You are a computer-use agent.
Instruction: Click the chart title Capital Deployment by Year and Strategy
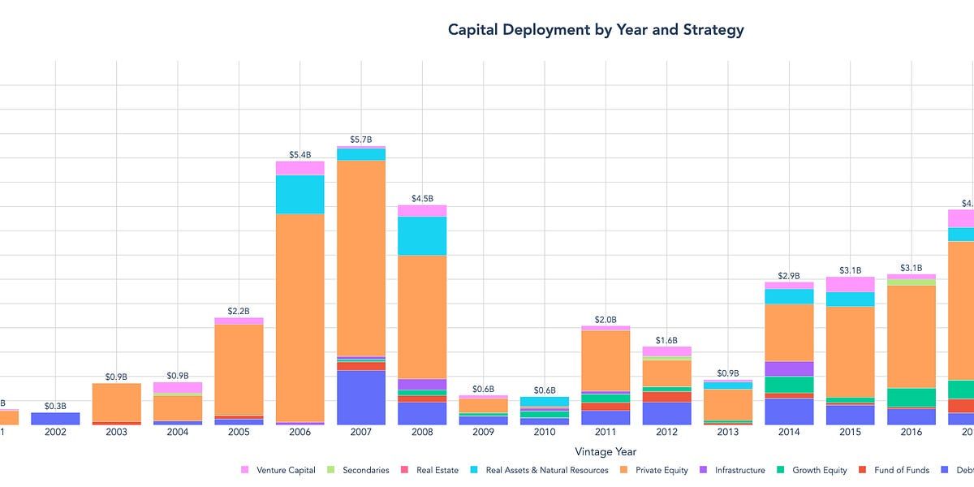596,31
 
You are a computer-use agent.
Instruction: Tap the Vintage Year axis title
606,451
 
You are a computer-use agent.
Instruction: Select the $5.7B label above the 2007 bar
361,140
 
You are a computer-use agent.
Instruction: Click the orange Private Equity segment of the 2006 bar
300,317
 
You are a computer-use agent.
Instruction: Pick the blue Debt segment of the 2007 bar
361,397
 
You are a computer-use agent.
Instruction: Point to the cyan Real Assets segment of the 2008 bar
422,235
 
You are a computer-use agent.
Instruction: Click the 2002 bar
55,418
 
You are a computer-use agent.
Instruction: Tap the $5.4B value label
300,154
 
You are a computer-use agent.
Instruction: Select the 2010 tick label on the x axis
545,433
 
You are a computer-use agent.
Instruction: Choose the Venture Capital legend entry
283,470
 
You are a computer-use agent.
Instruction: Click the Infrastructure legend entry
739,470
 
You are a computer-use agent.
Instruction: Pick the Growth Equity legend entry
818,470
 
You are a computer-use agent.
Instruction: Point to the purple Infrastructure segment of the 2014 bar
789,368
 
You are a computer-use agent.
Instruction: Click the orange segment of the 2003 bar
116,402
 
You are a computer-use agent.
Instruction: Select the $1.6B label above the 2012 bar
666,340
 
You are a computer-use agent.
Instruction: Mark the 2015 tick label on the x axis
850,433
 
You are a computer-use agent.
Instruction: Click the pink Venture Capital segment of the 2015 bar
850,284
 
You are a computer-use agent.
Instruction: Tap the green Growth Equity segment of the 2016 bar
912,397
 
